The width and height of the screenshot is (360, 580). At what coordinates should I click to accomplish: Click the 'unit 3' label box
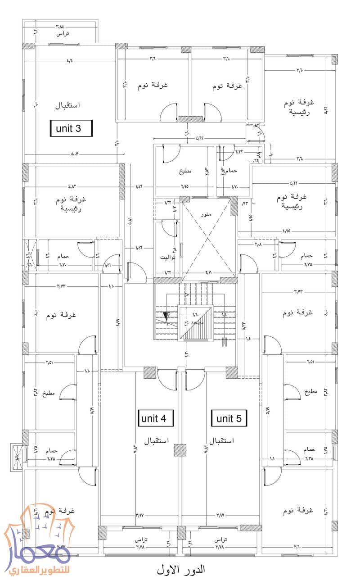point(71,128)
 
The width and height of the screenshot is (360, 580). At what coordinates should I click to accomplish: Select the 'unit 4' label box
point(154,418)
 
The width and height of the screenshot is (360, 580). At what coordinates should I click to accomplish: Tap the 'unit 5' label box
point(229,419)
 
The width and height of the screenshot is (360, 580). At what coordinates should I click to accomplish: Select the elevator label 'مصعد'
point(196,323)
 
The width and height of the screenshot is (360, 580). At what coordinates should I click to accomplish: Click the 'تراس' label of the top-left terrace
point(62,34)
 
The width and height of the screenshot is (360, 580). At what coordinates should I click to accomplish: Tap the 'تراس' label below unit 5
point(220,539)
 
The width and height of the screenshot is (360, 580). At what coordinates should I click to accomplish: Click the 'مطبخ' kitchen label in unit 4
point(49,393)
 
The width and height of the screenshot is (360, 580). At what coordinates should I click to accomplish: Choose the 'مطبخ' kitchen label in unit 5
point(310,393)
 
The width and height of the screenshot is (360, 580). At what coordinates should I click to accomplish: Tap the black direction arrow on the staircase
point(166,317)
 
